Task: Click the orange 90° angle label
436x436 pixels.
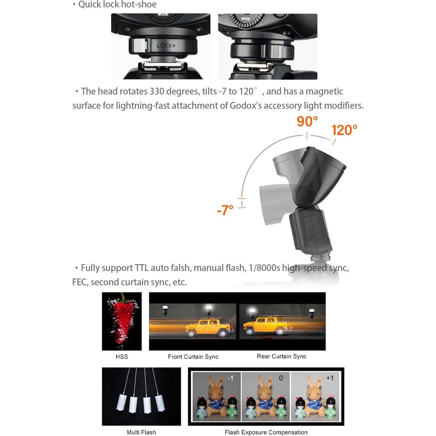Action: coord(307,122)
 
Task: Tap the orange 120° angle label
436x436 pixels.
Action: coord(344,130)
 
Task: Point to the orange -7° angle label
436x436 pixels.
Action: coord(225,210)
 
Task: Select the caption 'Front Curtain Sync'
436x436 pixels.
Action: coord(193,357)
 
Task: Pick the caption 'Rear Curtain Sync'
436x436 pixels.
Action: coord(281,356)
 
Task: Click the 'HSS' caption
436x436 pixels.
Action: coord(122,357)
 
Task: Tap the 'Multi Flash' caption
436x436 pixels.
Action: coord(141,432)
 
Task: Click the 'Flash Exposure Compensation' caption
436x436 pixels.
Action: coord(266,432)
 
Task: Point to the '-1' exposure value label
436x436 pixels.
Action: coord(230,378)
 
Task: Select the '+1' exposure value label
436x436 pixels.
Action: coord(330,378)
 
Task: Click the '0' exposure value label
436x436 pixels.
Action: coord(281,378)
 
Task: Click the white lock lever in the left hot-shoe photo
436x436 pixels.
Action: coord(140,45)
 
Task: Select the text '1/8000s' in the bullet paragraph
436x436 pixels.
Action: coord(264,268)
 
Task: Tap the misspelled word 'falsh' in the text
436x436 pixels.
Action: coord(181,268)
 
